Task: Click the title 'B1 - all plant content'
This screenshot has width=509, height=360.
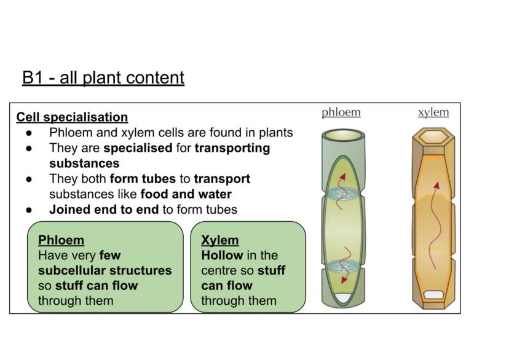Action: (x=103, y=78)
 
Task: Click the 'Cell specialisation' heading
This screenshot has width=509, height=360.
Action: (x=72, y=117)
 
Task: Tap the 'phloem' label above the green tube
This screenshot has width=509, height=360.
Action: (x=341, y=112)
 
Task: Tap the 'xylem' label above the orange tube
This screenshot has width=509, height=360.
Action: (x=433, y=112)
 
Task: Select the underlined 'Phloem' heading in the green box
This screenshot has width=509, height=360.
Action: (x=61, y=240)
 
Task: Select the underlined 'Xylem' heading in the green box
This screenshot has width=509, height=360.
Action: (x=219, y=240)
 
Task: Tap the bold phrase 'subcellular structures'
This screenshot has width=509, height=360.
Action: (x=105, y=270)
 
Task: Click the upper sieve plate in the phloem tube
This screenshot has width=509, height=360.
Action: (x=341, y=192)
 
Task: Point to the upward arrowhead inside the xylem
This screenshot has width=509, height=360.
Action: (x=436, y=184)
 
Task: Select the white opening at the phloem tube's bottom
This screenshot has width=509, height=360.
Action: (x=342, y=298)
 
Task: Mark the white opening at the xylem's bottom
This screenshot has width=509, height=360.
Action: (x=433, y=295)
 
